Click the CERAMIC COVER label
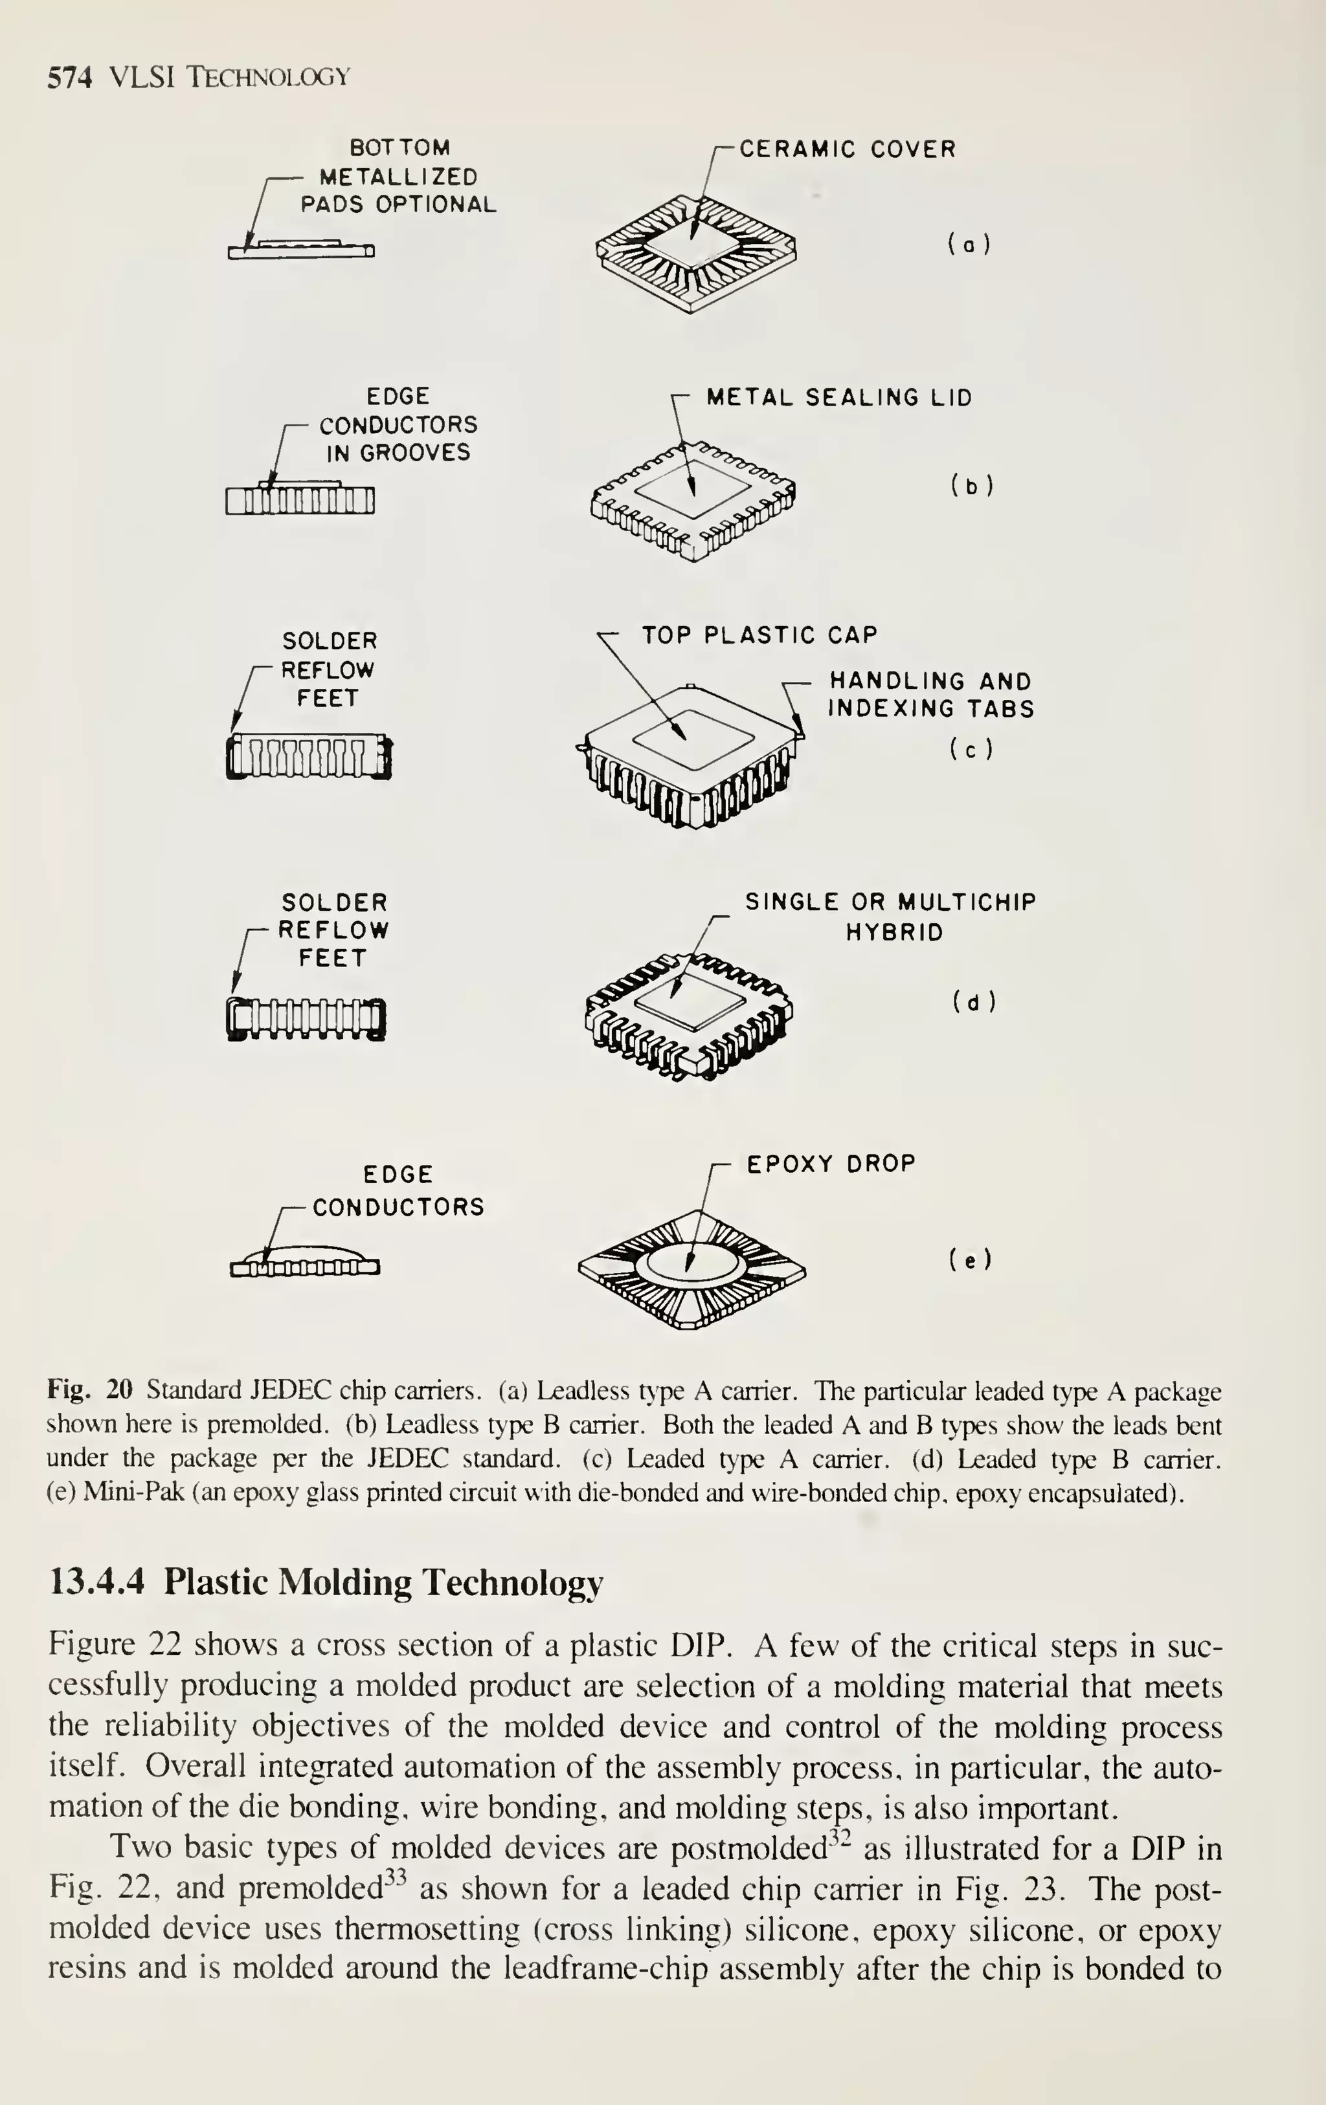coord(848,149)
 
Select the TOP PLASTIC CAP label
coord(759,635)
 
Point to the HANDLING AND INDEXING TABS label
coord(930,695)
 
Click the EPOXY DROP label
coord(830,1164)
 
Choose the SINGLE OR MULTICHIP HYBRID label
coord(890,916)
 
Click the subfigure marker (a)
coord(968,245)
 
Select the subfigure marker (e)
coord(970,1260)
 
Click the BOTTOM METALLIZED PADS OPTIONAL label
coord(398,176)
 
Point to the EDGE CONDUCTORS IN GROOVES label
coord(398,425)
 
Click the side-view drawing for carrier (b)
coord(300,499)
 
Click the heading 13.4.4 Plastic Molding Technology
coord(326,1582)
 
